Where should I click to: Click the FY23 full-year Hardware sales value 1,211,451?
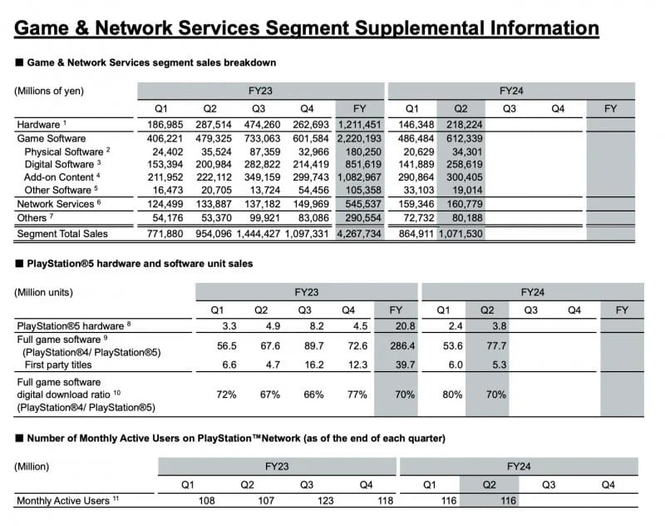[x=359, y=125]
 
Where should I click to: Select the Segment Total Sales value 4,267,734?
[x=359, y=235]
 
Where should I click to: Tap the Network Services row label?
[x=54, y=204]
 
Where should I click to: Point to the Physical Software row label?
[x=64, y=152]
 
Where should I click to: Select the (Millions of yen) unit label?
[x=49, y=91]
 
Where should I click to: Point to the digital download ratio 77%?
[x=357, y=394]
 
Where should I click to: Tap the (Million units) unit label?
[x=44, y=292]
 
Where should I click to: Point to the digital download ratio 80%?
[x=452, y=394]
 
